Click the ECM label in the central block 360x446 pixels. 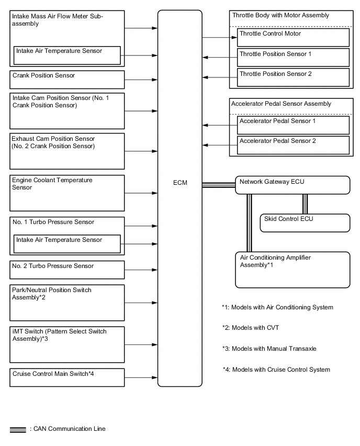pyautogui.click(x=179, y=183)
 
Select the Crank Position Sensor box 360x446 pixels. pyautogui.click(x=67, y=80)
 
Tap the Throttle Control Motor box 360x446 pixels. pyautogui.click(x=293, y=37)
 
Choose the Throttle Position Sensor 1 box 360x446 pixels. pyautogui.click(x=293, y=57)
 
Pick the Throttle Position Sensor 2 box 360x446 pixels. pyautogui.click(x=293, y=77)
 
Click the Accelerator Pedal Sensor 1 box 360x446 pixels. pyautogui.click(x=293, y=125)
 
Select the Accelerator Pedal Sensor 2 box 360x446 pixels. pyautogui.click(x=293, y=144)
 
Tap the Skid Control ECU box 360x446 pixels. pyautogui.click(x=305, y=222)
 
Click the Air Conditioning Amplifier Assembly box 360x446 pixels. pyautogui.click(x=292, y=270)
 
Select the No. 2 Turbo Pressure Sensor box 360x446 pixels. pyautogui.click(x=67, y=270)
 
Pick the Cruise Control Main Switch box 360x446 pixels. pyautogui.click(x=67, y=377)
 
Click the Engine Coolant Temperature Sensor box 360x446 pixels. pyautogui.click(x=67, y=193)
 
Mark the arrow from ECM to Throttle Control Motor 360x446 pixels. pyautogui.click(x=219, y=37)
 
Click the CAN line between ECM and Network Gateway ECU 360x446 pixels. pyautogui.click(x=218, y=185)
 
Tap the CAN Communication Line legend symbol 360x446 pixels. pyautogui.click(x=18, y=429)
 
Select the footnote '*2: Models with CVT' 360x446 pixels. pyautogui.click(x=251, y=328)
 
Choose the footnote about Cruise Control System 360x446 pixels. pyautogui.click(x=276, y=370)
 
